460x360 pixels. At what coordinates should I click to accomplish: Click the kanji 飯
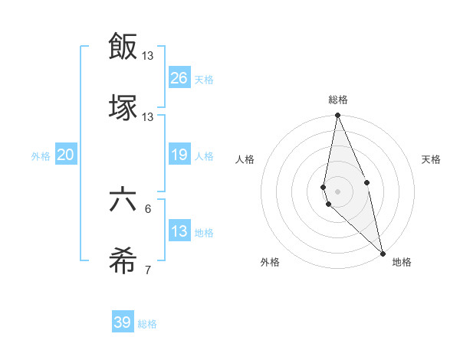click(123, 46)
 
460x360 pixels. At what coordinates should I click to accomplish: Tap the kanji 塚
click(123, 108)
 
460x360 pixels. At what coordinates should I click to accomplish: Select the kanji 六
click(123, 201)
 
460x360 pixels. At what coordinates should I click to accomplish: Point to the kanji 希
click(123, 263)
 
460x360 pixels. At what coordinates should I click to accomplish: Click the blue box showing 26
click(179, 77)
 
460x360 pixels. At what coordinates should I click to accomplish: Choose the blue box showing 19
click(179, 155)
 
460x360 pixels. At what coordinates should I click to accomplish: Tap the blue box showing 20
click(66, 155)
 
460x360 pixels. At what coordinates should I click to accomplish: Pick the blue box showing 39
click(123, 322)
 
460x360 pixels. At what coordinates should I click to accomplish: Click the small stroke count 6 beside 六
click(148, 208)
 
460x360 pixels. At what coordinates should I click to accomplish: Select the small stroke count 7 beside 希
click(148, 270)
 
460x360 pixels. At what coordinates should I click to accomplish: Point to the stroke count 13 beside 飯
click(148, 55)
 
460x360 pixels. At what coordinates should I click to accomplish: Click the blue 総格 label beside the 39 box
click(147, 324)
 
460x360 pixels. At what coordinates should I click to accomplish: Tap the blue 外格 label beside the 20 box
click(41, 156)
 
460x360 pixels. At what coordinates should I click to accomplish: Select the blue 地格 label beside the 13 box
click(204, 233)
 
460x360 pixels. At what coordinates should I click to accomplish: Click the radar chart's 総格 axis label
click(338, 100)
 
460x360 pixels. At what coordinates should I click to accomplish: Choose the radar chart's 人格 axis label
click(245, 159)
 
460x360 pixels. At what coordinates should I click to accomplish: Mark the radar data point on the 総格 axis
click(338, 116)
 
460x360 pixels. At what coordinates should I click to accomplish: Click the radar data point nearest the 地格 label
click(383, 253)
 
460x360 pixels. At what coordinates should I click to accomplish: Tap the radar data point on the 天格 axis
click(367, 182)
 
